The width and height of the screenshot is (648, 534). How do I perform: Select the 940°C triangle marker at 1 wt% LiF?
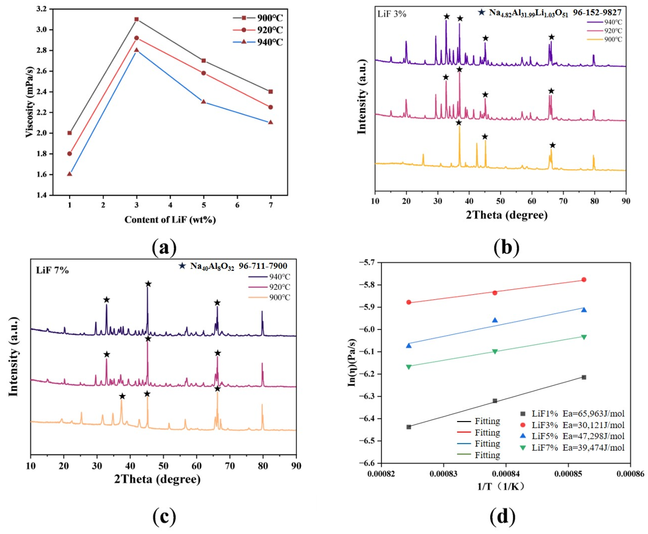pos(69,174)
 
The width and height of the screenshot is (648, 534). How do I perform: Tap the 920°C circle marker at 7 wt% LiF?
pos(271,107)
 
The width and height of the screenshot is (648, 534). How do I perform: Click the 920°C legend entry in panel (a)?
pos(258,30)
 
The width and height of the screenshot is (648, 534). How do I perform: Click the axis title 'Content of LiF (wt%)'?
pos(170,220)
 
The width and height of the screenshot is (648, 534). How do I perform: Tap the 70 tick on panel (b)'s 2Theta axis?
pos(563,201)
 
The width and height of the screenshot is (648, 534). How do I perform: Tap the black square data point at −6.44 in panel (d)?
pos(409,427)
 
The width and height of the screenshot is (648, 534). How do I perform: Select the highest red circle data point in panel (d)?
pos(584,280)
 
